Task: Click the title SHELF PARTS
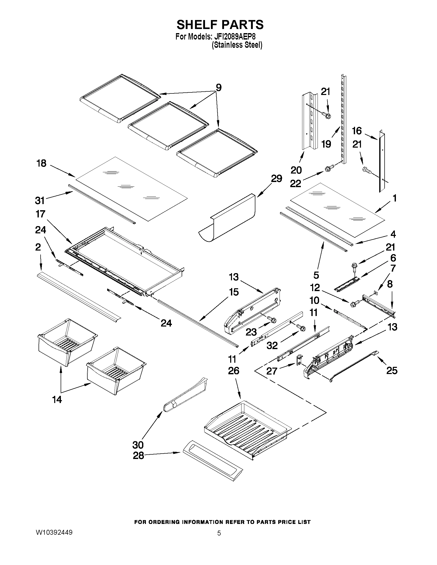(220, 25)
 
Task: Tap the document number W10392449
(54, 532)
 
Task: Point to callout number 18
(41, 163)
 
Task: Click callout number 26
(234, 371)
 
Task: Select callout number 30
(138, 445)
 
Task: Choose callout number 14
(57, 399)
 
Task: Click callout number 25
(392, 370)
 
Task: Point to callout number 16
(357, 131)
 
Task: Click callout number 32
(272, 345)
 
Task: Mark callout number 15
(234, 292)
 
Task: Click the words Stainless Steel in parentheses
(237, 45)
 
